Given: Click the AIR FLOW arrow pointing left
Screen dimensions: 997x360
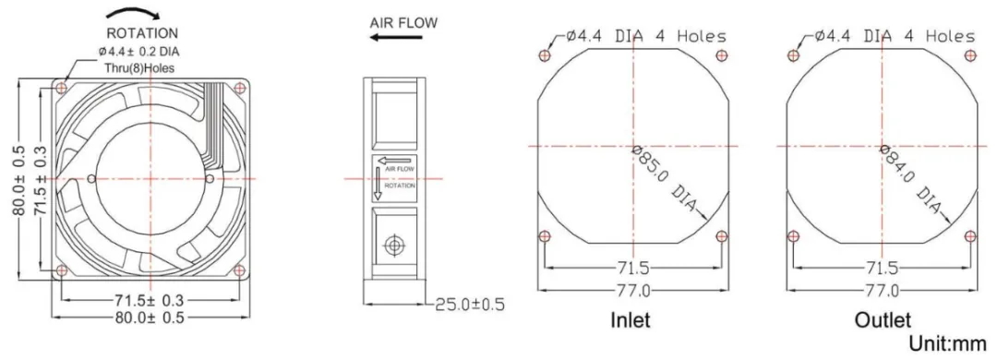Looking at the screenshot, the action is tap(396, 38).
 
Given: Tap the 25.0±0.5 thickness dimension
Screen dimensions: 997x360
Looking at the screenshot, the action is tap(470, 305).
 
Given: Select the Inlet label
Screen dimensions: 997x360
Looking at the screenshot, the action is tap(631, 319).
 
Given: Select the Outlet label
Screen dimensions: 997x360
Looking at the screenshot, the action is tap(883, 319).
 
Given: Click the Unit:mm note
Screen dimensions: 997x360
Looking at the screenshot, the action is tap(947, 344).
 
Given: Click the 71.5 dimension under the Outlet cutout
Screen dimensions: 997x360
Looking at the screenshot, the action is tap(882, 267).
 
